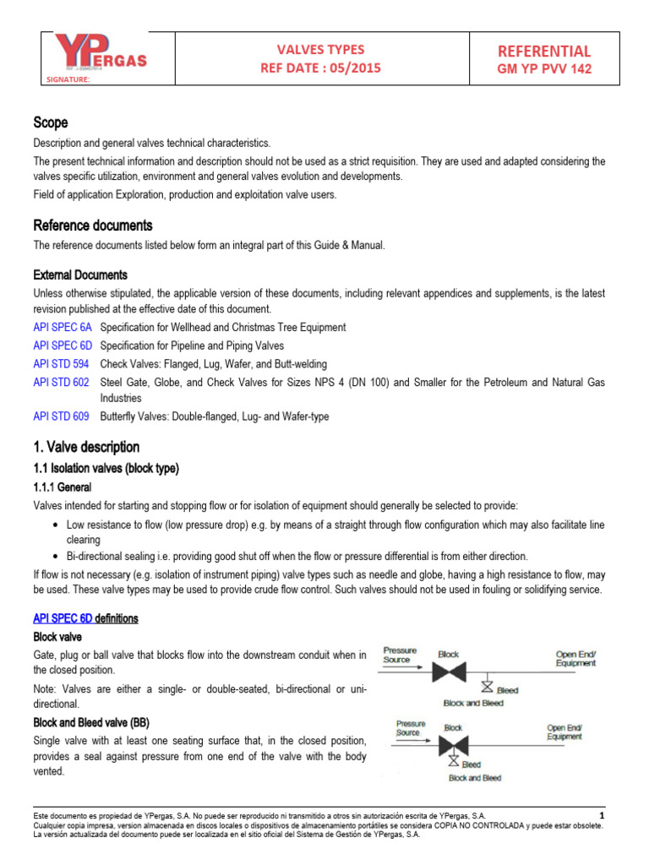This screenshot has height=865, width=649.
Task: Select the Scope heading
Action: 50,122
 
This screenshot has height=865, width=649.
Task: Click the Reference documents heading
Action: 93,225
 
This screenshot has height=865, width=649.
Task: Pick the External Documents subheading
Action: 80,275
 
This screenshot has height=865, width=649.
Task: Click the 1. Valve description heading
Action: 86,447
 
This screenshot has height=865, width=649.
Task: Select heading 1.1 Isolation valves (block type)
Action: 106,468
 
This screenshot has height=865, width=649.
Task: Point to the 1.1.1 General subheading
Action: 62,487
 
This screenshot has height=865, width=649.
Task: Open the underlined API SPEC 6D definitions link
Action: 85,618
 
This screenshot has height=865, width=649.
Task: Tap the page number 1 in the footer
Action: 602,815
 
